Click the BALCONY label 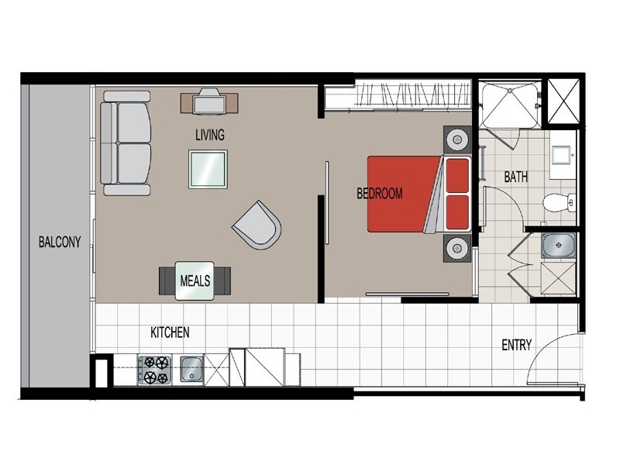(59, 241)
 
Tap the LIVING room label (209, 135)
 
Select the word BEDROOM (380, 194)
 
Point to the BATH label (516, 177)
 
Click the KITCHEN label (170, 333)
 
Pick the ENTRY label (516, 345)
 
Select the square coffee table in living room (208, 168)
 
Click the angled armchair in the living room (257, 225)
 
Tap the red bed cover (399, 194)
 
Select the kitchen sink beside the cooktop (191, 370)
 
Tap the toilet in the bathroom (558, 203)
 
